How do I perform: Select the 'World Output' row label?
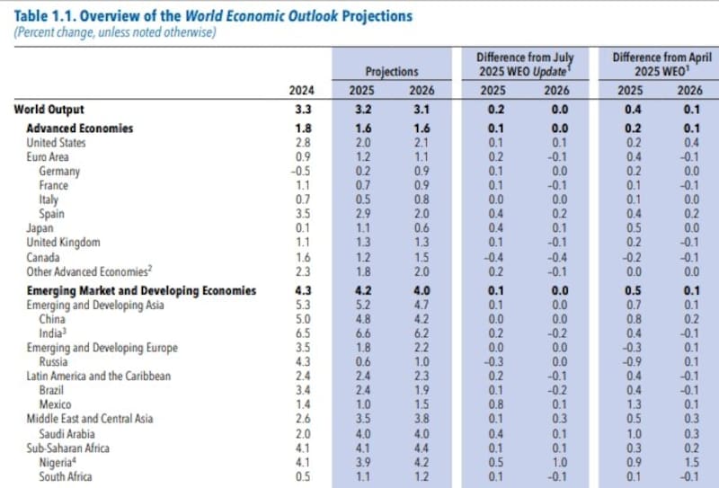tap(48, 110)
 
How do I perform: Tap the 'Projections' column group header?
tap(392, 71)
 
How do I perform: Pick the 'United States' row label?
tap(56, 142)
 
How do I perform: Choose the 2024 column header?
tap(301, 90)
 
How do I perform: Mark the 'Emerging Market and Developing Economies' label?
tap(141, 290)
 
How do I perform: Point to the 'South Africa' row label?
tap(65, 476)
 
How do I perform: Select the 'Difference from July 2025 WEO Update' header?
tap(524, 63)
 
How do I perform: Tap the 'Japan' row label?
tap(40, 228)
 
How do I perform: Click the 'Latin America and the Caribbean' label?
tap(99, 376)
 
